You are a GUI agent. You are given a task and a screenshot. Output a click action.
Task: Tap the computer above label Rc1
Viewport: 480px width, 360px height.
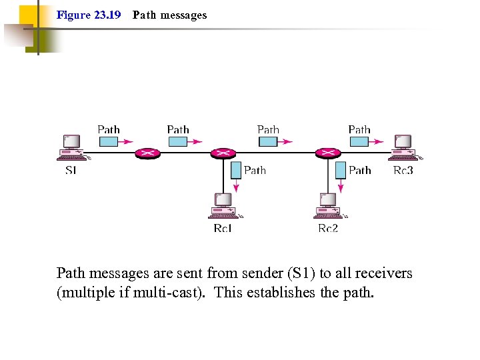tap(223, 206)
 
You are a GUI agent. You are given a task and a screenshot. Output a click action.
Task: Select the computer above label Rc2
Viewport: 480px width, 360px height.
tap(329, 206)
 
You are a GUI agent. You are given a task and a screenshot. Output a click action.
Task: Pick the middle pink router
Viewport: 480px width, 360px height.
tap(222, 153)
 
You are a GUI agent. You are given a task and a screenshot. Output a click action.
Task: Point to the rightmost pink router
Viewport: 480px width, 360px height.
tap(327, 153)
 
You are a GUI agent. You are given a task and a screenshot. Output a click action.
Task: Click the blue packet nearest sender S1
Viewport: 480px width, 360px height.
tap(109, 141)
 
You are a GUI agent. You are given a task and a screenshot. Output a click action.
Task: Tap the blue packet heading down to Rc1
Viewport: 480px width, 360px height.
tap(236, 170)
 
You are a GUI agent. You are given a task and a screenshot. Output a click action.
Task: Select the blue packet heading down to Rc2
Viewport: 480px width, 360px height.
tap(340, 170)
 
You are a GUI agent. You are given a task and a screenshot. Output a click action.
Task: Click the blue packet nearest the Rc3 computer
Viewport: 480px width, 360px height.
tap(359, 141)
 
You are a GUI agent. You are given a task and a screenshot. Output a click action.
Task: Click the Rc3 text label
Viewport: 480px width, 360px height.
tap(403, 171)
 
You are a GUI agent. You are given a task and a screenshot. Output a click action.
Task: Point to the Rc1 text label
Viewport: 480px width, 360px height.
tap(223, 229)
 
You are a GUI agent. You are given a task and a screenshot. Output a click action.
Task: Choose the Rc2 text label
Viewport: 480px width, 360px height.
tap(328, 229)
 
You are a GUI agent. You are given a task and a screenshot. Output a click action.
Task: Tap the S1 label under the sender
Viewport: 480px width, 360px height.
tap(71, 171)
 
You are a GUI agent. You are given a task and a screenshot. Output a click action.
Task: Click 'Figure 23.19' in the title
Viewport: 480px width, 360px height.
tap(89, 15)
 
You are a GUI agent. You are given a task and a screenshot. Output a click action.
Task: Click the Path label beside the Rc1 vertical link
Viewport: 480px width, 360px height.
tap(255, 171)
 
